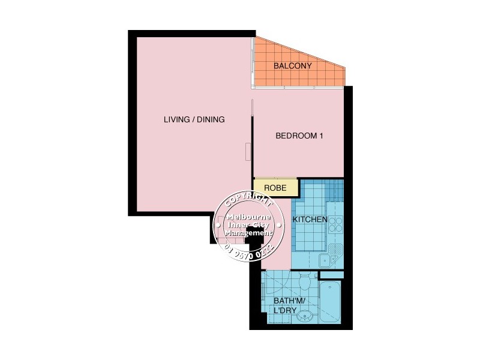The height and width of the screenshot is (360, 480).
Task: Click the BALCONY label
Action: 292,66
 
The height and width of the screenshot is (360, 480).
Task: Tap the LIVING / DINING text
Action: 194,119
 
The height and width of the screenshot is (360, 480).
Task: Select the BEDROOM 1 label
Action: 299,136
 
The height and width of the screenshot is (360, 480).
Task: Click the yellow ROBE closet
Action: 275,188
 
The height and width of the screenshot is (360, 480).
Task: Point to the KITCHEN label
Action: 310,220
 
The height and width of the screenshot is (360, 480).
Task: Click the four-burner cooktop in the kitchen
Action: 335,224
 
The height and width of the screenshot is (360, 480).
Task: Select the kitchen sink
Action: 327,259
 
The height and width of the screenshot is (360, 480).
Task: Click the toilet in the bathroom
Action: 304,280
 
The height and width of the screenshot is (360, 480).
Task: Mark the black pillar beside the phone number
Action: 257,236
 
